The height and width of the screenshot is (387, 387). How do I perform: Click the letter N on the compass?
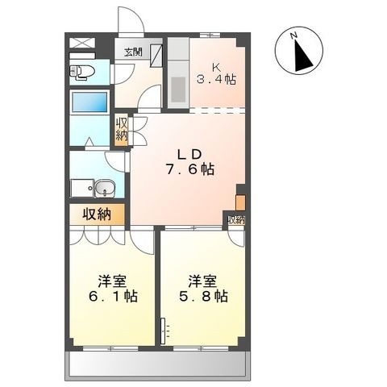click(294, 35)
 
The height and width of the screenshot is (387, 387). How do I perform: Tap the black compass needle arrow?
click(303, 56)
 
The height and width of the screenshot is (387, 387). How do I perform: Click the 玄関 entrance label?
click(133, 52)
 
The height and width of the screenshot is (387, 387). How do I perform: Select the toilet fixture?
click(82, 72)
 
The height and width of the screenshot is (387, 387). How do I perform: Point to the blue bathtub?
click(90, 102)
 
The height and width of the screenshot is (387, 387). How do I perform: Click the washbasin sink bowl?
click(105, 188)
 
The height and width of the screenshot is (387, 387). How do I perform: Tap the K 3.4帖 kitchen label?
click(217, 73)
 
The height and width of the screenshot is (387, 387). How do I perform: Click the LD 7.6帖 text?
click(190, 162)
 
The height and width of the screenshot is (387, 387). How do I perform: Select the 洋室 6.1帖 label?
click(113, 288)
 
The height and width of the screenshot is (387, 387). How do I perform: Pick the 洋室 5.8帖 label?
click(203, 288)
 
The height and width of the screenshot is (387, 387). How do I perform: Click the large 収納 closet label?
click(97, 214)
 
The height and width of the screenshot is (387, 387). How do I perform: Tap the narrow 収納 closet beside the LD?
click(122, 130)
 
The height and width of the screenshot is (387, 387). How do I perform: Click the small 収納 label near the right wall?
click(236, 220)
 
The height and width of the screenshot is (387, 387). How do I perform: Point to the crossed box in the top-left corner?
click(82, 43)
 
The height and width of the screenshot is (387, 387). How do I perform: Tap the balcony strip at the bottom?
click(158, 364)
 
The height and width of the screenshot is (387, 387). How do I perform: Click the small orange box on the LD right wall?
click(240, 202)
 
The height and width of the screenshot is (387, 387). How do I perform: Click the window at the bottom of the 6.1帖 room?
click(110, 348)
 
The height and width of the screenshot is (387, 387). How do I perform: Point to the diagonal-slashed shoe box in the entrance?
click(156, 55)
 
